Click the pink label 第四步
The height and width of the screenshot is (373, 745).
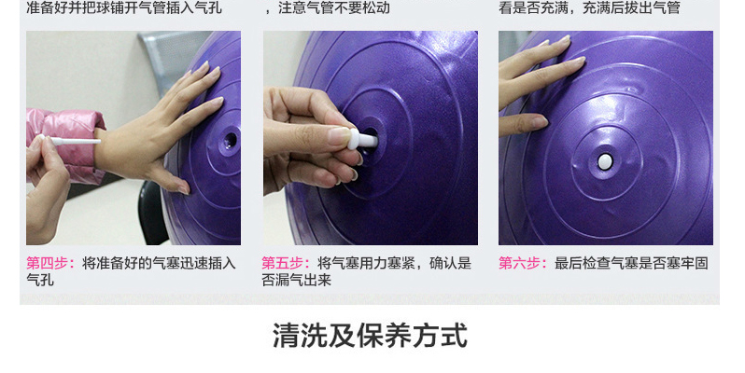(49, 263)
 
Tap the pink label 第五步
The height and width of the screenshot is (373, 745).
(285, 263)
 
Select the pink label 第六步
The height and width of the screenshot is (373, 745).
(522, 263)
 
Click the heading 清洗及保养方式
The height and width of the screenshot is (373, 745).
(370, 336)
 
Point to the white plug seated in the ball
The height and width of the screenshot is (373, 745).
(604, 162)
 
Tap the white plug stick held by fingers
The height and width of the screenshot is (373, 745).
(71, 141)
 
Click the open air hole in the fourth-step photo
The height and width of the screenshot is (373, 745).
(231, 141)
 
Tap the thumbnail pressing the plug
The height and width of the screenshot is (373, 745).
(340, 137)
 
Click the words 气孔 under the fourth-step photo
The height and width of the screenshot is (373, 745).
(40, 280)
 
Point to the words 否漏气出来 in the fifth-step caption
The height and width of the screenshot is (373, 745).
(296, 280)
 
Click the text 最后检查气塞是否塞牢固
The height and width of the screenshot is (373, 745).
(631, 263)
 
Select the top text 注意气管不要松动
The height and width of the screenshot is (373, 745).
(334, 7)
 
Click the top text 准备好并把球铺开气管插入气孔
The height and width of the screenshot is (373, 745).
(124, 7)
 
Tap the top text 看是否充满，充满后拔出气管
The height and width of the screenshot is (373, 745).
(589, 7)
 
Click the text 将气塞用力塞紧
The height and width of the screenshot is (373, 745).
(366, 263)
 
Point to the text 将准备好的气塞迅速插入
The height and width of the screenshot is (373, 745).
(159, 263)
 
